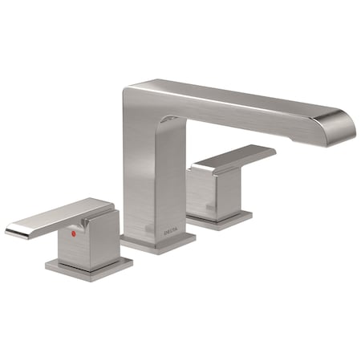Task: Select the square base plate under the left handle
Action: pos(88,268)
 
